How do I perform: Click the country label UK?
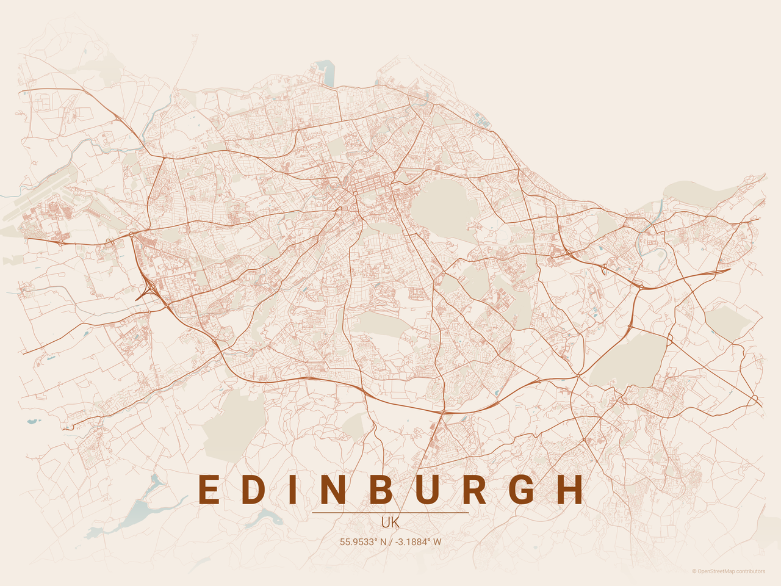click(390, 523)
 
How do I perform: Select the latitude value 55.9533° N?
click(363, 541)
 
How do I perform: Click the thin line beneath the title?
click(390, 513)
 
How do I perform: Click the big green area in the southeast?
click(628, 360)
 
